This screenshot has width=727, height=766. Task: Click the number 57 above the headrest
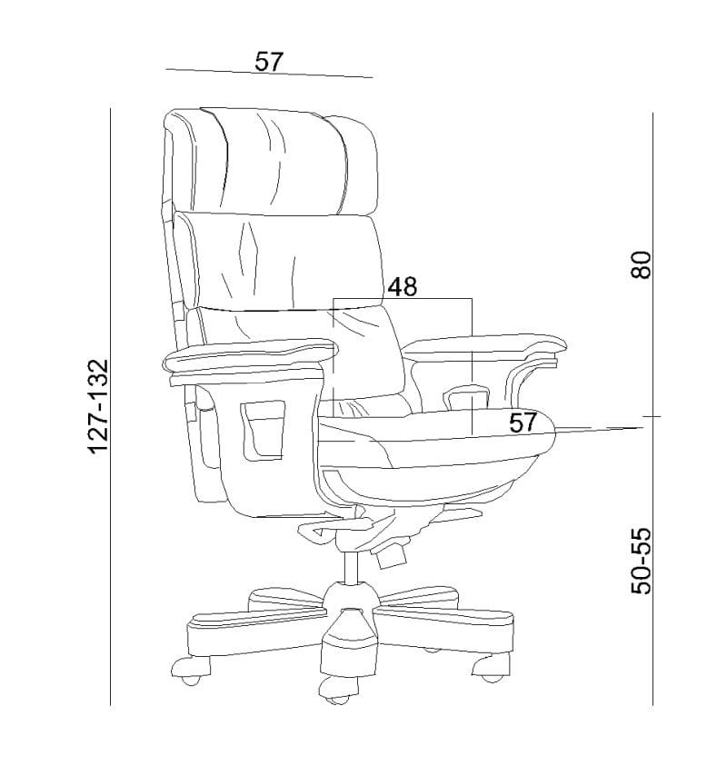[x=269, y=62]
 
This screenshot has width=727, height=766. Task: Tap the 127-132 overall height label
[x=97, y=407]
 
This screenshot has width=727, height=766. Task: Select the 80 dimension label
[x=641, y=264]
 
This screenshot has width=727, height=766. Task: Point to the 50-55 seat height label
[x=641, y=561]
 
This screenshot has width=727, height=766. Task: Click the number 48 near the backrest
[x=402, y=286]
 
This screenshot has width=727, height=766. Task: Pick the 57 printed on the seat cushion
[x=523, y=423]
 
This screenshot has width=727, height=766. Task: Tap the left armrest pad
[x=249, y=355]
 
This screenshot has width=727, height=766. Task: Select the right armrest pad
[x=483, y=343]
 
